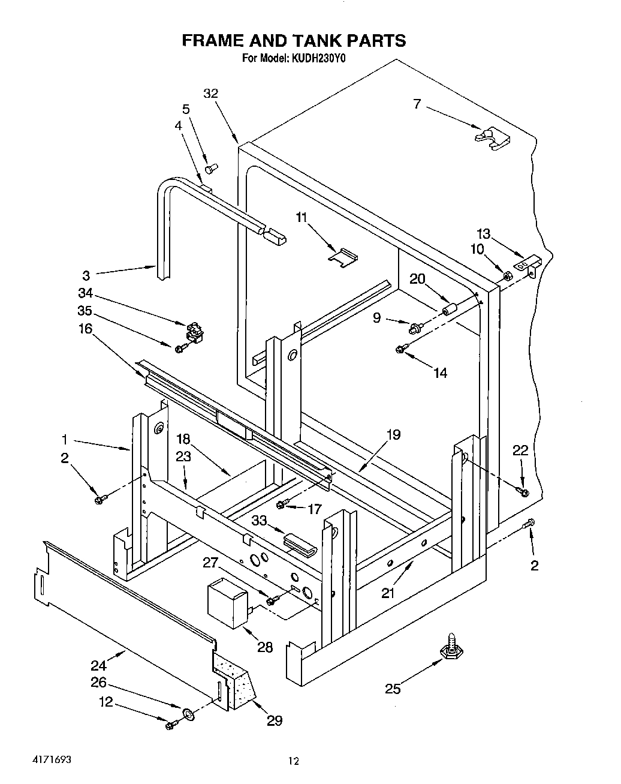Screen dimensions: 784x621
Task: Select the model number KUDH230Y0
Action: [x=319, y=59]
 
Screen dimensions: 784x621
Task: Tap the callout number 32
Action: [x=210, y=94]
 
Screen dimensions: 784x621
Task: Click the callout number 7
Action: [x=417, y=104]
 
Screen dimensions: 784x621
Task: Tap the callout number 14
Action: [x=440, y=373]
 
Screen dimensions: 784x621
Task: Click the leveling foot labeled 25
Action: [x=448, y=650]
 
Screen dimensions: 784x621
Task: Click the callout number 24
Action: [x=98, y=665]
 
